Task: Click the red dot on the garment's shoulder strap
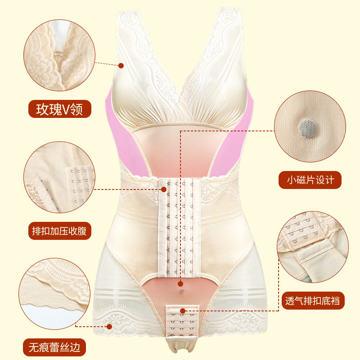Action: click(x=121, y=66)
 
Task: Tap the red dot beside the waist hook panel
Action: click(x=163, y=189)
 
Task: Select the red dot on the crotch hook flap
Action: click(x=183, y=310)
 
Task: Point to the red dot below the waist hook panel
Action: click(x=180, y=284)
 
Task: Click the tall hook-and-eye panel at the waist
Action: click(x=180, y=229)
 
